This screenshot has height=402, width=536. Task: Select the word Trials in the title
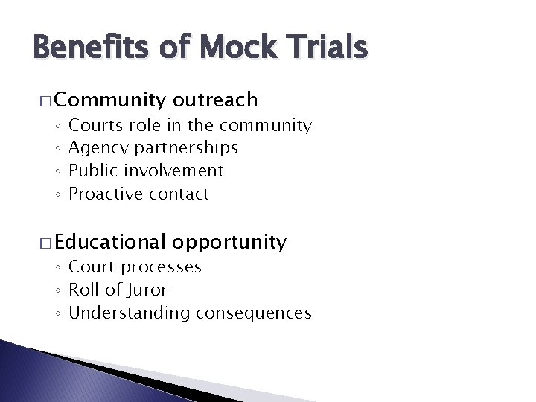(x=325, y=48)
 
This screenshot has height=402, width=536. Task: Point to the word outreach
(x=215, y=99)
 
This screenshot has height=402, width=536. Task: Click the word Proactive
(x=106, y=194)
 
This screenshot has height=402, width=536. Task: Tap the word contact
(x=179, y=194)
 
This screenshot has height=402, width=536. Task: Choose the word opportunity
(x=229, y=243)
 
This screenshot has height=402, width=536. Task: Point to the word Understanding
(x=130, y=313)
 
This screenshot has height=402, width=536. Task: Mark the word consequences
(x=254, y=313)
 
